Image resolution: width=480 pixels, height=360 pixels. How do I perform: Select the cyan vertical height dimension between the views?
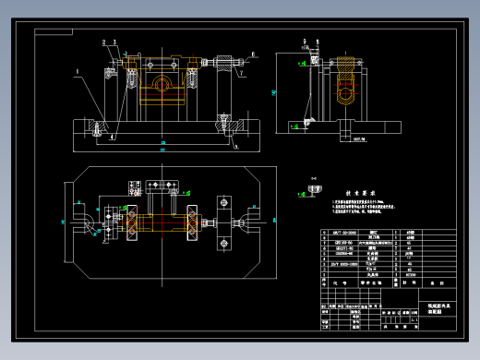click(274, 92)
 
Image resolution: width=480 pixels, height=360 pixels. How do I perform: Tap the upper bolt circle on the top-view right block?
click(224, 201)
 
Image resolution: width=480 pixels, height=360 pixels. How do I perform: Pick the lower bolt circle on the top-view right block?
click(224, 243)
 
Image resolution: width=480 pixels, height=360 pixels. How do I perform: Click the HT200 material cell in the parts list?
click(411, 272)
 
